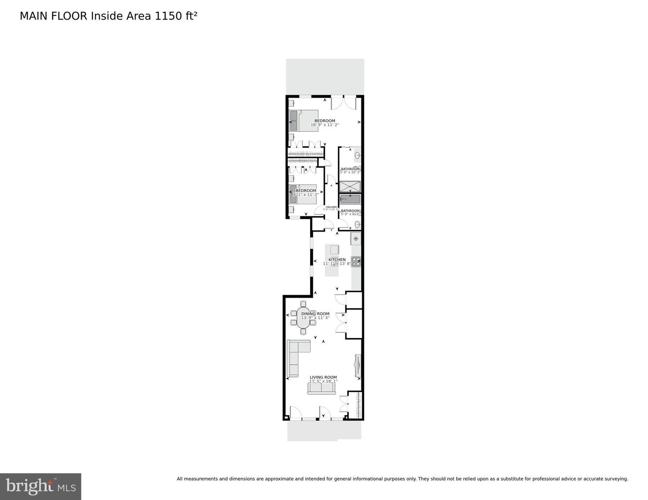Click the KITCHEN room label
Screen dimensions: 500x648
click(337, 259)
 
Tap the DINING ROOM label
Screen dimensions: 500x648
click(315, 314)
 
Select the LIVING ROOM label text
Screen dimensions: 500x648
click(323, 377)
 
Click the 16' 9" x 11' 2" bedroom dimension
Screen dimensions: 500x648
click(324, 125)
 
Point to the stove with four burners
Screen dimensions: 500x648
click(356, 262)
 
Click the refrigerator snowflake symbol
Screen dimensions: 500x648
click(355, 238)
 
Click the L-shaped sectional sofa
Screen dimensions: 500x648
click(295, 355)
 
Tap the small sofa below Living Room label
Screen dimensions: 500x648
click(321, 388)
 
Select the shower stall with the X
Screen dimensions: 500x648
click(350, 186)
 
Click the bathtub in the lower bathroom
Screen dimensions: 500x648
click(350, 199)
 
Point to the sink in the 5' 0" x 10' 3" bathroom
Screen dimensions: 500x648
click(357, 156)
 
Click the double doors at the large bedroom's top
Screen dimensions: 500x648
click(344, 103)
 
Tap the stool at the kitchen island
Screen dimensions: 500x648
click(334, 249)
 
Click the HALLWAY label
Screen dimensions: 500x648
click(332, 207)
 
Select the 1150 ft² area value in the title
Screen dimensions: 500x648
click(176, 16)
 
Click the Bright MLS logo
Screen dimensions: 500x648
click(40, 486)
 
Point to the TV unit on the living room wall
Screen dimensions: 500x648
click(358, 365)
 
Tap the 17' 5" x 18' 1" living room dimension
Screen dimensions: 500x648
click(323, 381)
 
